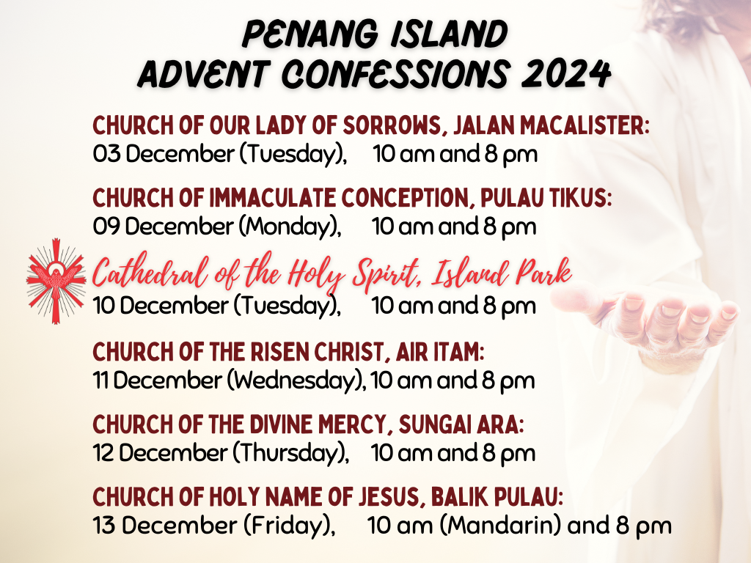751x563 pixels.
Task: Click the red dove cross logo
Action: pos(56,281)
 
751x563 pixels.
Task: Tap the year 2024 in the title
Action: pos(566,74)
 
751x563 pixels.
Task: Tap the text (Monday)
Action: pos(290,227)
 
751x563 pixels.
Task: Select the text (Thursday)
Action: pos(290,453)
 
